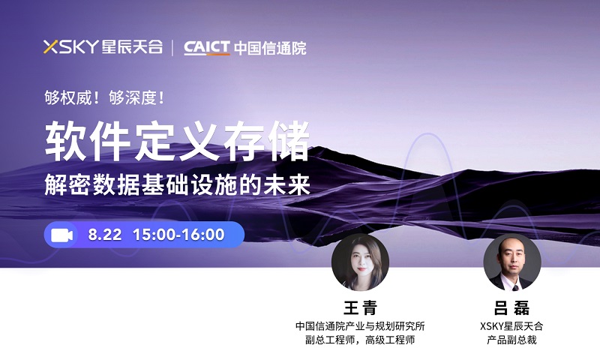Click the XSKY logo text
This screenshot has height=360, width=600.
[x=71, y=46]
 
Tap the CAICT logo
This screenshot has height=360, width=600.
[x=207, y=48]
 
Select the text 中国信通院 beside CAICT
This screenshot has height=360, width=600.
[x=270, y=48]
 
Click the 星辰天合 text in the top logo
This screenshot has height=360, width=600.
[x=133, y=46]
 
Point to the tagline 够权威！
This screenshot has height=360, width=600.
[x=72, y=98]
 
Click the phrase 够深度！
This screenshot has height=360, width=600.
[x=136, y=98]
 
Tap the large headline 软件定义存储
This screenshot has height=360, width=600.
[x=178, y=141]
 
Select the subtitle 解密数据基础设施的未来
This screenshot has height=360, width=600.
[x=178, y=184]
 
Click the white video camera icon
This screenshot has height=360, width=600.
[x=62, y=235]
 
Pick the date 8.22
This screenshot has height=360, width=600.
[x=105, y=235]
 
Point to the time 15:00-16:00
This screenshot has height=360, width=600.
[x=178, y=235]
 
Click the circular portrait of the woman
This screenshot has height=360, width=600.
[x=360, y=262]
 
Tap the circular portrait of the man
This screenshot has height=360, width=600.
[x=512, y=262]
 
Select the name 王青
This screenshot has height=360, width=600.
[x=361, y=307]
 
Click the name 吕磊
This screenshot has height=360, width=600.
[x=512, y=307]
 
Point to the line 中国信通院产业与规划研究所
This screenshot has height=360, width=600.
[x=360, y=326]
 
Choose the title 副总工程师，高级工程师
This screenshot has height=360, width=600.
[x=360, y=340]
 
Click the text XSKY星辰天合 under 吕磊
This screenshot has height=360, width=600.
[x=511, y=326]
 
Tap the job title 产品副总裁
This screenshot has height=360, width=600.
[x=511, y=340]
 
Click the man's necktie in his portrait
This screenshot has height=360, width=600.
[x=514, y=287]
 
